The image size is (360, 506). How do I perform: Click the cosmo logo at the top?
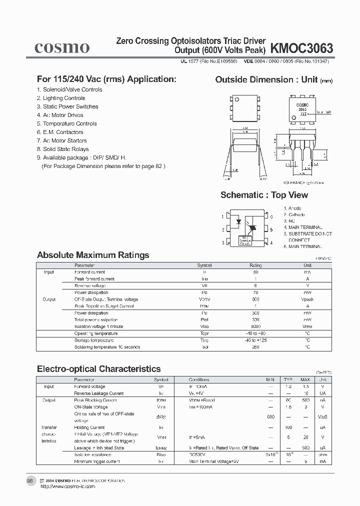pyautogui.click(x=61, y=47)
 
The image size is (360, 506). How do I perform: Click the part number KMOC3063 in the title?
pyautogui.click(x=301, y=48)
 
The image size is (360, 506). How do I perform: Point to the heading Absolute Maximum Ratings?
pyautogui.click(x=93, y=255)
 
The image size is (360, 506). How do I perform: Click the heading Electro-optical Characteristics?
pyautogui.click(x=99, y=369)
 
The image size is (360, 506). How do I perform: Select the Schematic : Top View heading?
pyautogui.click(x=264, y=195)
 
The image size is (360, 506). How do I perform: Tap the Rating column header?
pyautogui.click(x=255, y=265)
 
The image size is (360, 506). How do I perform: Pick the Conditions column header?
pyautogui.click(x=199, y=380)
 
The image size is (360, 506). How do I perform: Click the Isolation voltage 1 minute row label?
pyautogui.click(x=98, y=326)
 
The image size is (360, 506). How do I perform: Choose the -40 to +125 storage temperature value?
pyautogui.click(x=255, y=340)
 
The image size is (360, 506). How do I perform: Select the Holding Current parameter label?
pyautogui.click(x=89, y=427)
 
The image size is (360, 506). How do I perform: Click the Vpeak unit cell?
pyautogui.click(x=307, y=299)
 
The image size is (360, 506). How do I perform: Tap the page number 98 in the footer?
pyautogui.click(x=29, y=480)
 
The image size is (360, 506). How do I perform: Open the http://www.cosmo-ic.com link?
pyautogui.click(x=67, y=486)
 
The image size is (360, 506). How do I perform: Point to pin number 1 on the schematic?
pyautogui.click(x=222, y=216)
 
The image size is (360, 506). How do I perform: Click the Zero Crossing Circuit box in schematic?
pyautogui.click(x=244, y=240)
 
